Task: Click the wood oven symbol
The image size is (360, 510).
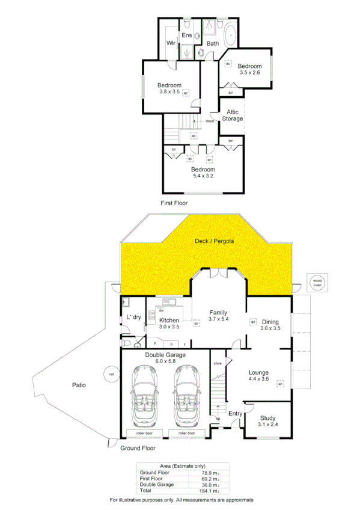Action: point(316,282)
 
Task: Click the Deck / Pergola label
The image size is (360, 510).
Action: point(214,241)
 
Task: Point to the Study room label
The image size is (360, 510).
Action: point(267,419)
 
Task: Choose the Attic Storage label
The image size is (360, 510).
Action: point(233,115)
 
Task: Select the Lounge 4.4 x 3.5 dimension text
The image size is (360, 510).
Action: point(263,380)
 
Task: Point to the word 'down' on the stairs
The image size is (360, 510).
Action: point(210,121)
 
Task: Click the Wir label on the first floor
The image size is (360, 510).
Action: point(171,43)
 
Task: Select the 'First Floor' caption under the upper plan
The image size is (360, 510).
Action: point(174,203)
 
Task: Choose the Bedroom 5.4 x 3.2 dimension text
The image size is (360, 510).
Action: point(203,176)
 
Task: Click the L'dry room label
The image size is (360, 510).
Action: point(133,318)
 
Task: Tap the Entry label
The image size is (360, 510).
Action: point(235,413)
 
